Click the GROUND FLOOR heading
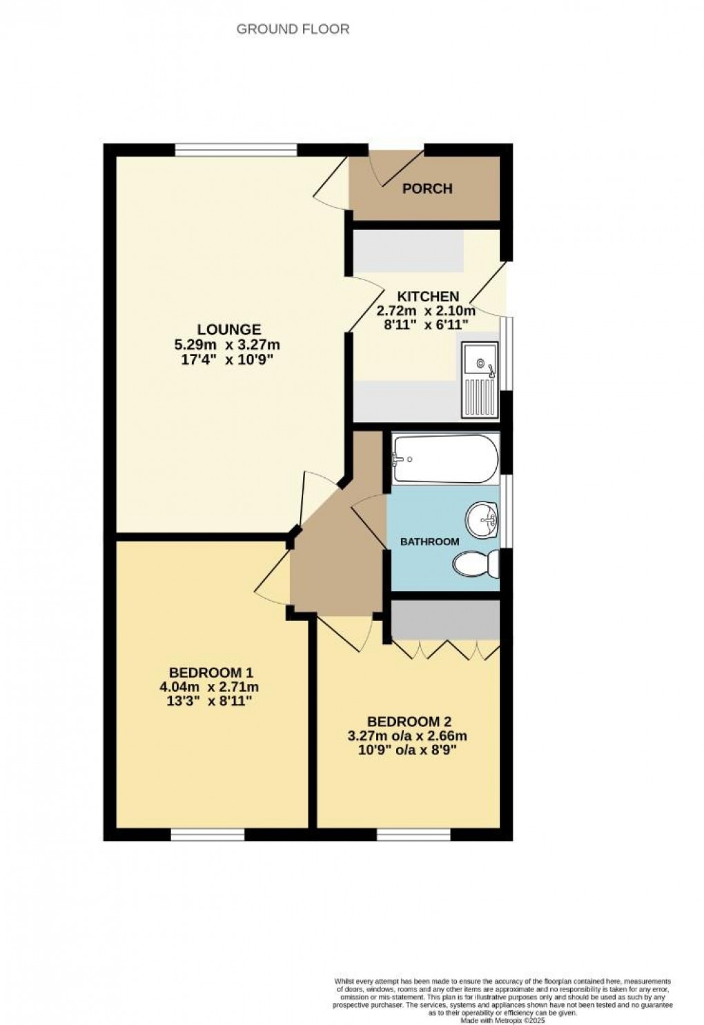[x=293, y=29]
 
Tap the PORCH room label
[x=427, y=188]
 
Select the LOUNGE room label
[x=229, y=330]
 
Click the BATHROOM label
[x=429, y=541]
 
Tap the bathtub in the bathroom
[x=444, y=459]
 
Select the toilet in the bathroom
[x=477, y=565]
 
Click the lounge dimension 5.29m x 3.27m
[x=229, y=345]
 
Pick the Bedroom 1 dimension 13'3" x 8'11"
[x=215, y=701]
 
